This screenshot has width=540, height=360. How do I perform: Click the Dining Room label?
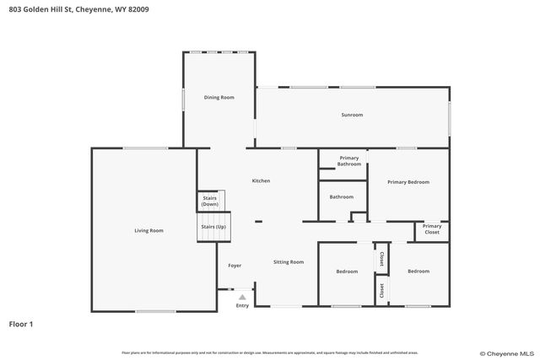pyautogui.click(x=219, y=98)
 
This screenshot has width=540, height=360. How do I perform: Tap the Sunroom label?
pyautogui.click(x=352, y=115)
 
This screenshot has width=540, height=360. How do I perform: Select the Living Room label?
pyautogui.click(x=148, y=230)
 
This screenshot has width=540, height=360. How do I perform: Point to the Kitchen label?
pyautogui.click(x=261, y=180)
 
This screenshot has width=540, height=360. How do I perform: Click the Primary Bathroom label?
pyautogui.click(x=349, y=161)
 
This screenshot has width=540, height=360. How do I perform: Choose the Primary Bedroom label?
pyautogui.click(x=408, y=182)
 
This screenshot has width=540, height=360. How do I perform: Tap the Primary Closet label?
pyautogui.click(x=431, y=229)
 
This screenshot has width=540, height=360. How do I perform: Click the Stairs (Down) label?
pyautogui.click(x=210, y=201)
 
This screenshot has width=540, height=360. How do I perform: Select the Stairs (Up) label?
pyautogui.click(x=213, y=227)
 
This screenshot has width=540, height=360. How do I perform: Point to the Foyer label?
pyautogui.click(x=235, y=266)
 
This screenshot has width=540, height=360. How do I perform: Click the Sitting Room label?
pyautogui.click(x=288, y=262)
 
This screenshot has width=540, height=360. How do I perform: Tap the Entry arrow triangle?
pyautogui.click(x=242, y=297)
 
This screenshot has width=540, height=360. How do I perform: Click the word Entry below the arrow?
pyautogui.click(x=242, y=305)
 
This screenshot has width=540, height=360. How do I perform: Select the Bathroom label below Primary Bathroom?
pyautogui.click(x=341, y=197)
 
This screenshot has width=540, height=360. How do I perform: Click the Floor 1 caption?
pyautogui.click(x=21, y=323)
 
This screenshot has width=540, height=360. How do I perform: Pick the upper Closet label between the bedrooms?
pyautogui.click(x=381, y=259)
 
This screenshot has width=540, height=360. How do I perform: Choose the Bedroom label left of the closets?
pyautogui.click(x=347, y=271)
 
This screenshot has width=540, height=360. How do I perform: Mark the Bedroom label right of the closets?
pyautogui.click(x=418, y=271)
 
